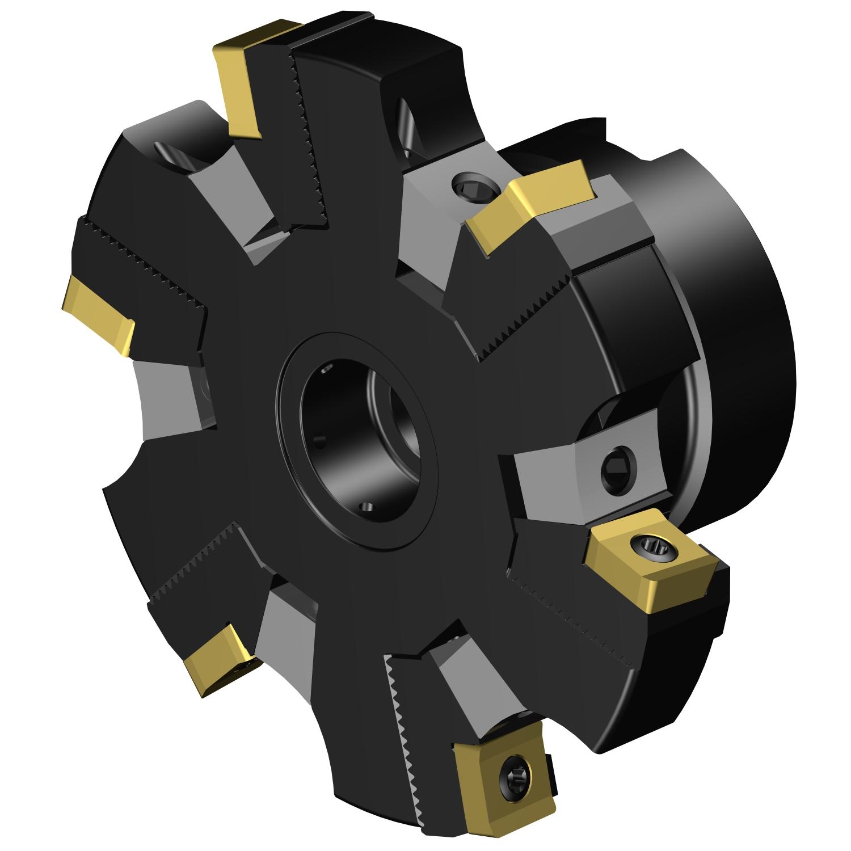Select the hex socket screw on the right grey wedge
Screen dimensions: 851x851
point(618,466)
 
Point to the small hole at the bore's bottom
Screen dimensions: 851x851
point(366,506)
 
